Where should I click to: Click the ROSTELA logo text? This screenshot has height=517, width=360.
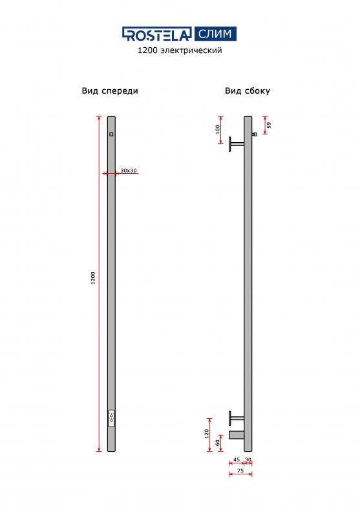click(x=157, y=34)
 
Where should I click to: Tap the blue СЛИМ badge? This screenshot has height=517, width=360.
click(x=215, y=34)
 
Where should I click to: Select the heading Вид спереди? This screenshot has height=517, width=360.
click(x=110, y=91)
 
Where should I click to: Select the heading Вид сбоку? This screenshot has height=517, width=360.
click(x=248, y=90)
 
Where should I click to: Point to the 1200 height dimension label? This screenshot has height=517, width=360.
click(x=93, y=278)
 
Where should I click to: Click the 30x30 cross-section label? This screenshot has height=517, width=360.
click(x=128, y=171)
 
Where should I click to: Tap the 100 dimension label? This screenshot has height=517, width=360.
click(x=217, y=129)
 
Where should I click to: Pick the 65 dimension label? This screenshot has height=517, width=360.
click(x=269, y=125)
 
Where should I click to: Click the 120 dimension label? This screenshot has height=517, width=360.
click(x=207, y=433)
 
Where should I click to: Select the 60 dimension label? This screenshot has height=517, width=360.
click(x=217, y=443)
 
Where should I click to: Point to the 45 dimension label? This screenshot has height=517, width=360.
click(x=237, y=459)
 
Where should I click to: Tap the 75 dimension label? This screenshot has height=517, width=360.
click(x=240, y=470)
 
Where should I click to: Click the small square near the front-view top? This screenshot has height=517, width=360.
click(x=111, y=134)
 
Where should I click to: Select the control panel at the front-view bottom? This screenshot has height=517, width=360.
click(x=111, y=418)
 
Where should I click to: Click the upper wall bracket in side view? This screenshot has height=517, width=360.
click(x=236, y=144)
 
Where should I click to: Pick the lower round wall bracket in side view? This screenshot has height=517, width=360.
click(x=236, y=418)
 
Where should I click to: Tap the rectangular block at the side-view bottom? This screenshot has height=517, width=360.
click(x=237, y=435)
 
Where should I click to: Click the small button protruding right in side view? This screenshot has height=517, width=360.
click(x=254, y=134)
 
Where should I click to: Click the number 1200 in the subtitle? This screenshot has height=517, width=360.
click(x=147, y=50)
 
